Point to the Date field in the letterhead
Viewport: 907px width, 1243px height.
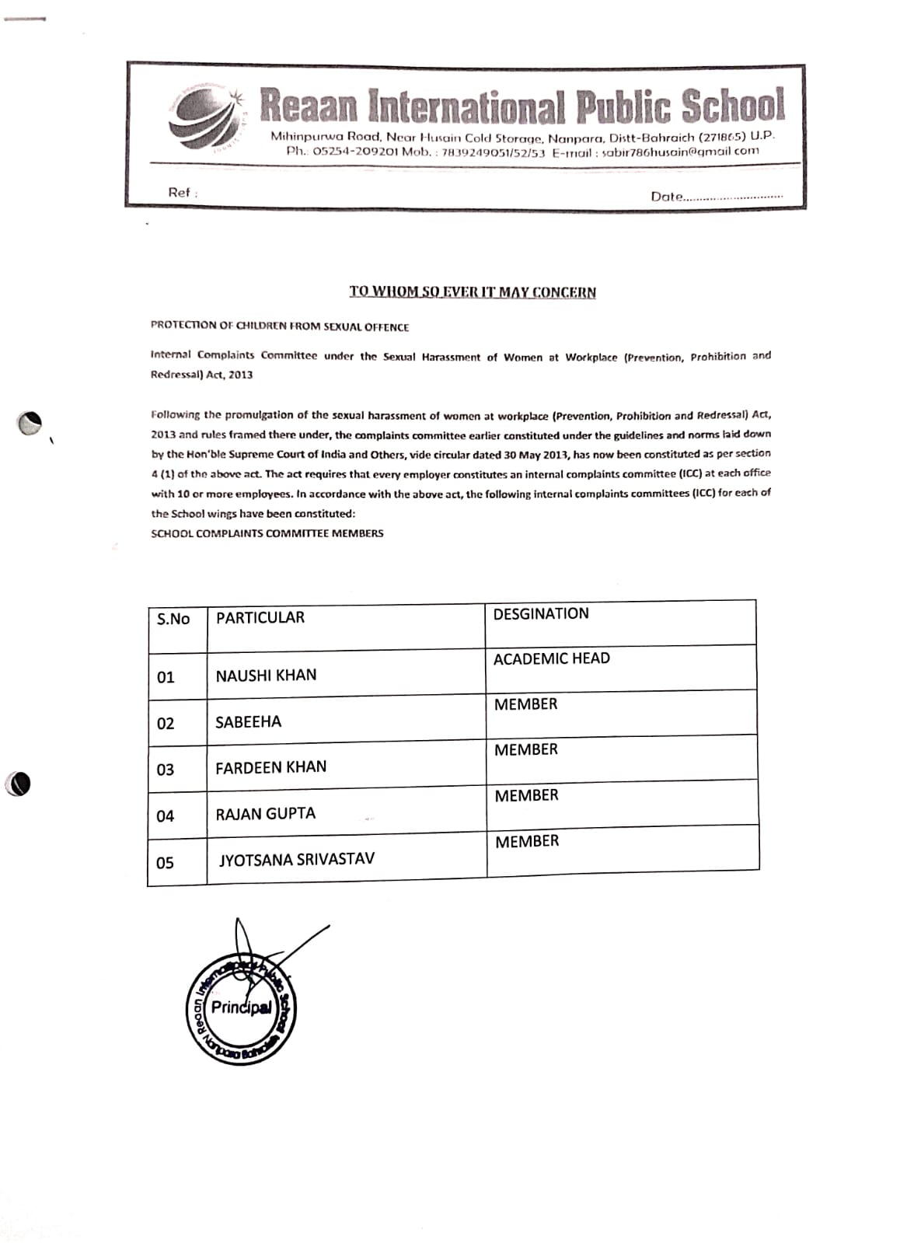(715, 197)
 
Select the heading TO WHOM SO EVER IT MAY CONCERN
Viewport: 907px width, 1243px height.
(473, 292)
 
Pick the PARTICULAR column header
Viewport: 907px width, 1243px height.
(260, 618)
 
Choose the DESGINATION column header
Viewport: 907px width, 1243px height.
(541, 614)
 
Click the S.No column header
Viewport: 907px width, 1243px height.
(173, 619)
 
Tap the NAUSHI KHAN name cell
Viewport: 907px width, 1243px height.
(266, 676)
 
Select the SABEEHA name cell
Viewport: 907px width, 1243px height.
(248, 722)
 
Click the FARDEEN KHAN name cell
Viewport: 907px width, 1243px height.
(270, 767)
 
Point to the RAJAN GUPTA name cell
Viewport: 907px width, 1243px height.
(265, 814)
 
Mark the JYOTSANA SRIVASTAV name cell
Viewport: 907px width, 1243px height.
(296, 860)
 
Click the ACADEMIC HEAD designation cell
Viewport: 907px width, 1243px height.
(551, 659)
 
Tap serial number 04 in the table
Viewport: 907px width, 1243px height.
(166, 816)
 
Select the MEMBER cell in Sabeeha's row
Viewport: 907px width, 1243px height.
(525, 705)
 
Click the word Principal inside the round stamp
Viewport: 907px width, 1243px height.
(241, 1008)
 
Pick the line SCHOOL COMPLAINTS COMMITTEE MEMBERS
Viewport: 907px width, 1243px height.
(267, 533)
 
